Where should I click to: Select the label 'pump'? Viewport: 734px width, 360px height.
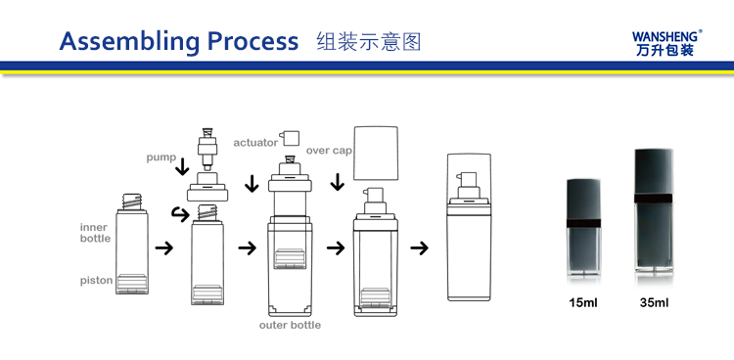161,157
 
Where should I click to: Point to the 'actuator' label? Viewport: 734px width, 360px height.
254,143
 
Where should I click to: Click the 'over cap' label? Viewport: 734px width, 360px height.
329,151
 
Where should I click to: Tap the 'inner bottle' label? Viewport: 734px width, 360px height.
95,233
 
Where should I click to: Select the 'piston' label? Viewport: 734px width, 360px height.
96,281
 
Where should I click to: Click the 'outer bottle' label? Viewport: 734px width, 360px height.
291,325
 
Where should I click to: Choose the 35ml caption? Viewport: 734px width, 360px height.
654,303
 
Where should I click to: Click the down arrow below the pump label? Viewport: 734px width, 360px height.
182,168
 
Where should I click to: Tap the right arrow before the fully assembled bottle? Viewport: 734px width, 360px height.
419,247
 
